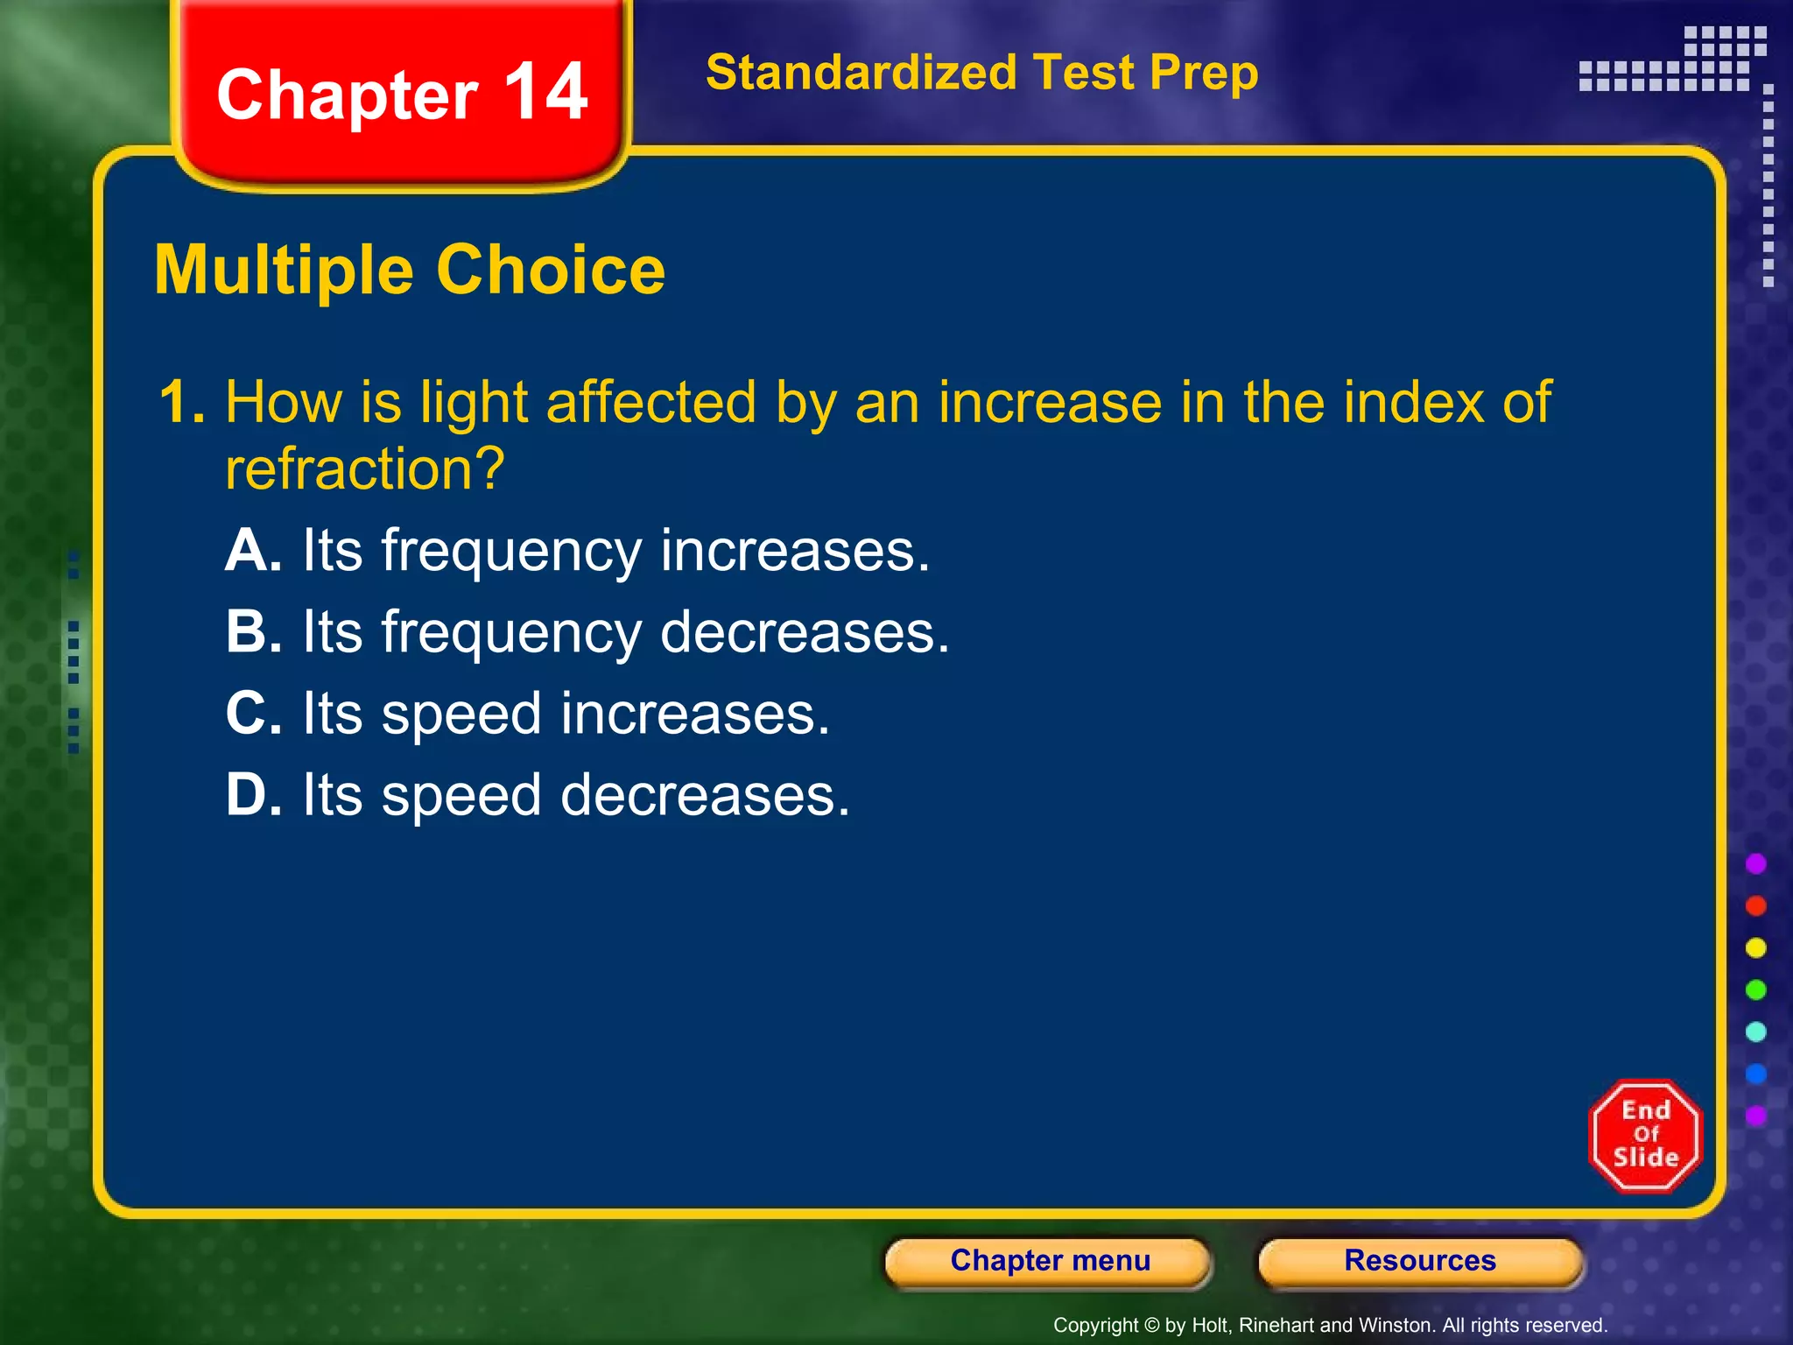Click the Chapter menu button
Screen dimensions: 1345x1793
pos(1049,1261)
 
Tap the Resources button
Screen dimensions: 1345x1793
pos(1420,1261)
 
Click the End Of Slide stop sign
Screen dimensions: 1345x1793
pos(1645,1136)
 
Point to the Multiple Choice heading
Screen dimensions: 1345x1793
pos(410,270)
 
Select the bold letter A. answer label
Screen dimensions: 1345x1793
pos(253,551)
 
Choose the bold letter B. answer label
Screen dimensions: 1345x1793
pos(253,631)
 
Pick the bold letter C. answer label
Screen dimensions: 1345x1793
pos(253,713)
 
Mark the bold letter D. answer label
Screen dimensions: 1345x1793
pos(253,794)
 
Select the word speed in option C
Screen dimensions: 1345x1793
pos(461,715)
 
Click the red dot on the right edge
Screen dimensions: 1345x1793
pos(1755,905)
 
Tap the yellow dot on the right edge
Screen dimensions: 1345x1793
pos(1755,947)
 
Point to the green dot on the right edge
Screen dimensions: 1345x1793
pos(1755,989)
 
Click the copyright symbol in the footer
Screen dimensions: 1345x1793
pos(1151,1326)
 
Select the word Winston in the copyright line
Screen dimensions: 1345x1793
pos(1396,1326)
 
